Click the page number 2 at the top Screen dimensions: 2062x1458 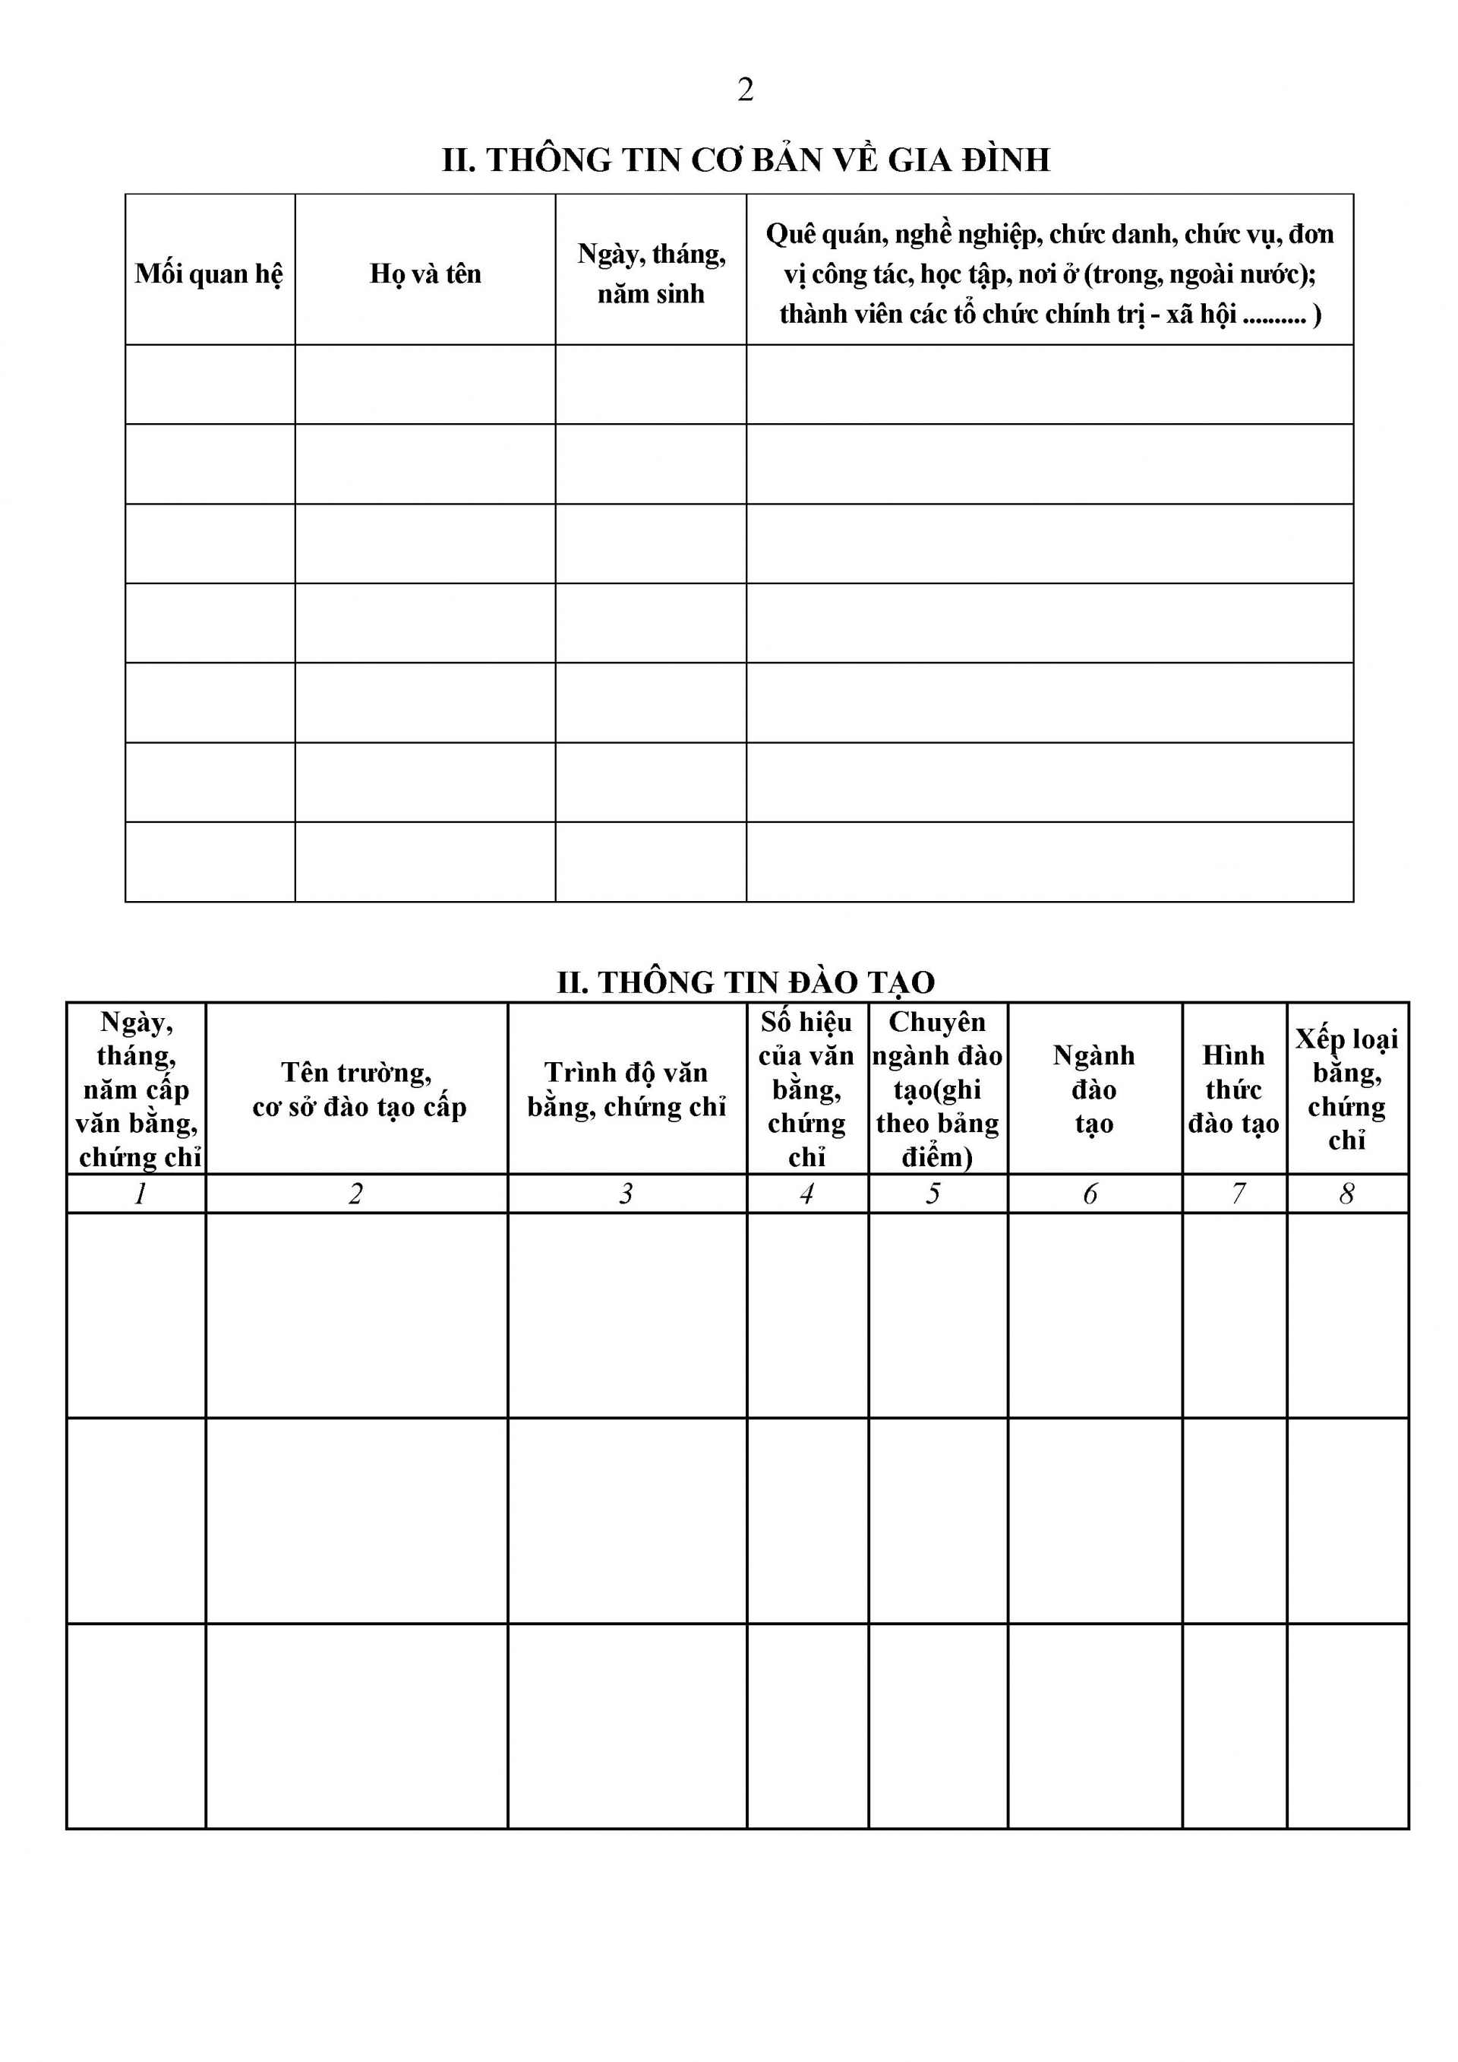coord(745,90)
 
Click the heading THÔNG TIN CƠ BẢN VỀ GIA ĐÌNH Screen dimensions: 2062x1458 coord(745,160)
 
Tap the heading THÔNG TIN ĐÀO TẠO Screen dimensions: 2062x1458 coord(745,982)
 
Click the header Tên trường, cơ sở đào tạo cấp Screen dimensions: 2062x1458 coord(358,1089)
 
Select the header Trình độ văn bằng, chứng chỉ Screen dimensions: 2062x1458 coord(626,1089)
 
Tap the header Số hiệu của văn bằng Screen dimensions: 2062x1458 coord(807,1089)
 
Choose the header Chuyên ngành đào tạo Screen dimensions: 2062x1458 coord(937,1089)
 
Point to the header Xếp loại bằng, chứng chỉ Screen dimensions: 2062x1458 coord(1346,1089)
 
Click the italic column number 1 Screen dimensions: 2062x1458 coord(139,1194)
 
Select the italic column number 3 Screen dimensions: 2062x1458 coord(626,1194)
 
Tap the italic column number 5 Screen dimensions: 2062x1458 coord(934,1194)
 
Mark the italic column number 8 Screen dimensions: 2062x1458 coord(1346,1194)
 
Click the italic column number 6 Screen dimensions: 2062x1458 coord(1090,1194)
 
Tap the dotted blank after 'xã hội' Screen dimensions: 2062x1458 coord(1275,315)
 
